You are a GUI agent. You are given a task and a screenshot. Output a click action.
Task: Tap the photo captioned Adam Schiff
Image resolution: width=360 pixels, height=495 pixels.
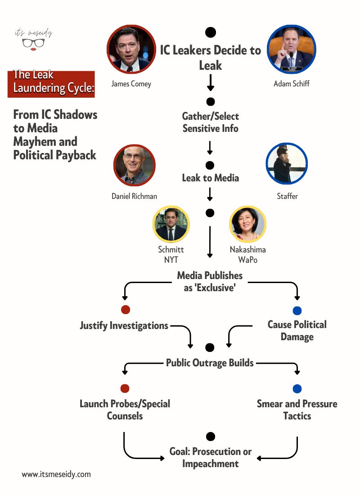291,49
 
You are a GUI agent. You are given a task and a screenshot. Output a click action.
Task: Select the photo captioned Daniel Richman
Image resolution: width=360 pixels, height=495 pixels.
134,165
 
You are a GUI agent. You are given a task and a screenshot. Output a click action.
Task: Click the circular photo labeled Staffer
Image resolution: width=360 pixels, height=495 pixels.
287,164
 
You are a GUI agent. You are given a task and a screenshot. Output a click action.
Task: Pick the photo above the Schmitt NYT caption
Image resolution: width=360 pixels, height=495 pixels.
171,224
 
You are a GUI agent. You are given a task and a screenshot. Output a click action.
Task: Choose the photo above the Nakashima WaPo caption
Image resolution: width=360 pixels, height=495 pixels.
247,224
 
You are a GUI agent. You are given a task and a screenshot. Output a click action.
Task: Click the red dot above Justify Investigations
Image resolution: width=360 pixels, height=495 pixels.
126,310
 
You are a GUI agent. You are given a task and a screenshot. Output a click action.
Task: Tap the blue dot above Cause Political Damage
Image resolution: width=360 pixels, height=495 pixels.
297,310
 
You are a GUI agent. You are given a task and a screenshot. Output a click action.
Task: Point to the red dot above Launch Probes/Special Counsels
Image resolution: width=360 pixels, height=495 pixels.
125,388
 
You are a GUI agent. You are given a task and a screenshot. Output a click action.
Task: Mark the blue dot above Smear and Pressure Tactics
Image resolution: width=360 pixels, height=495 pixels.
297,389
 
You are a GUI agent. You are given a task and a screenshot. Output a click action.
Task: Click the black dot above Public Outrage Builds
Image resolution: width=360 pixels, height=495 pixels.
210,347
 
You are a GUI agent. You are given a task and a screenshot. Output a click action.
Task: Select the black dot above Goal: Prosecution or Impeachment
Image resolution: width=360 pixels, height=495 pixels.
210,436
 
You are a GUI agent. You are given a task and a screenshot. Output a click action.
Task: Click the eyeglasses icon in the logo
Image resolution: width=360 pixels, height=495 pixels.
34,44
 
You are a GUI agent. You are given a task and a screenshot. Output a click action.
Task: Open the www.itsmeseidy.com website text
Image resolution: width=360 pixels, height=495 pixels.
56,474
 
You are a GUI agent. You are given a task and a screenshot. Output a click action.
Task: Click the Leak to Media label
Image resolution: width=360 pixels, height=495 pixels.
210,178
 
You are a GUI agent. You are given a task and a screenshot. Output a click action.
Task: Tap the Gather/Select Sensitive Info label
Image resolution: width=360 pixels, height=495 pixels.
210,122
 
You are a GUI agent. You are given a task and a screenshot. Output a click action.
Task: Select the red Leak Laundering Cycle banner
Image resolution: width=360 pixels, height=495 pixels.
51,84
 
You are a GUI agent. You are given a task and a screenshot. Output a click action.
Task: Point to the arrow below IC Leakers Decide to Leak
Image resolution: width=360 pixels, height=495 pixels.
210,83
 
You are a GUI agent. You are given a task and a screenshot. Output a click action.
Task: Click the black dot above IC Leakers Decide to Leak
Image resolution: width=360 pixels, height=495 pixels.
210,32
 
